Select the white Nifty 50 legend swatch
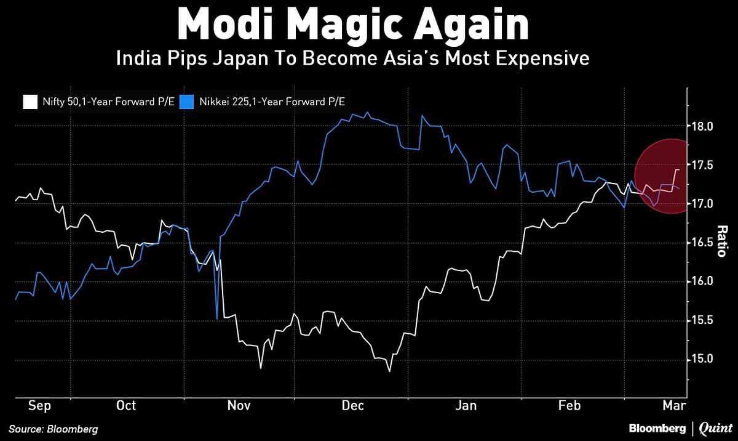(28, 100)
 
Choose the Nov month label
(239, 405)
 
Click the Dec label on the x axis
(353, 405)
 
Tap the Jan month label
(466, 405)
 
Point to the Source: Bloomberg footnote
(53, 429)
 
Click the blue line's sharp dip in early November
(217, 318)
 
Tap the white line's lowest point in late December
(389, 371)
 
